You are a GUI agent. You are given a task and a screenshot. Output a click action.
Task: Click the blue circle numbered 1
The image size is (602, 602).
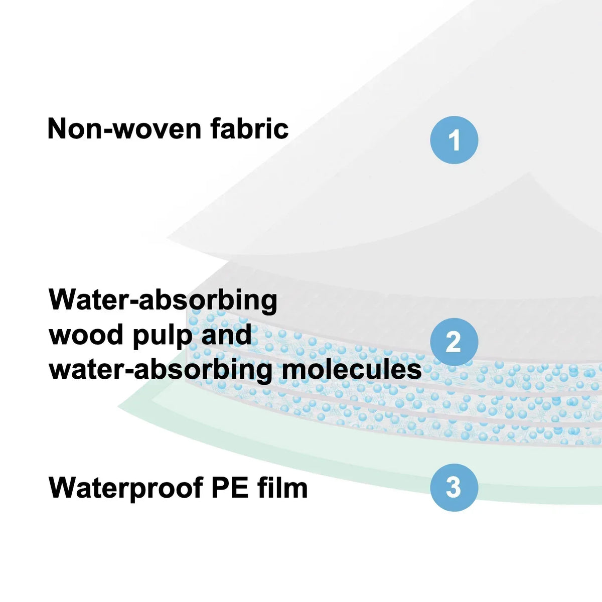click(454, 140)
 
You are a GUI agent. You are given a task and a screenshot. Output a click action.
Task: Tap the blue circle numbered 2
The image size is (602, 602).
click(454, 342)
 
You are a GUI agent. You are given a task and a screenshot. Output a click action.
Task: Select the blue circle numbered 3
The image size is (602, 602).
click(454, 487)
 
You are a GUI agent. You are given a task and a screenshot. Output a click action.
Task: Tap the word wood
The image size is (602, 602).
click(86, 334)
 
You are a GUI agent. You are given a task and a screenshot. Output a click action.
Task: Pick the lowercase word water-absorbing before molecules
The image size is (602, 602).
click(161, 370)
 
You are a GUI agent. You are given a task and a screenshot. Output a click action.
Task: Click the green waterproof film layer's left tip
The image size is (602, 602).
click(118, 406)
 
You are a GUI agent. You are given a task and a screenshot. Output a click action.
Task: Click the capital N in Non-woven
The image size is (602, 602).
click(57, 128)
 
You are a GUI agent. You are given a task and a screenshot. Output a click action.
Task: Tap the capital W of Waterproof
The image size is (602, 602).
click(63, 488)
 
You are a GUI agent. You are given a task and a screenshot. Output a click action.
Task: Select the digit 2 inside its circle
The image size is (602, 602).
click(454, 342)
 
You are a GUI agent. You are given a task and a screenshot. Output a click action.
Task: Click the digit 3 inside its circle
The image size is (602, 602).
click(454, 487)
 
